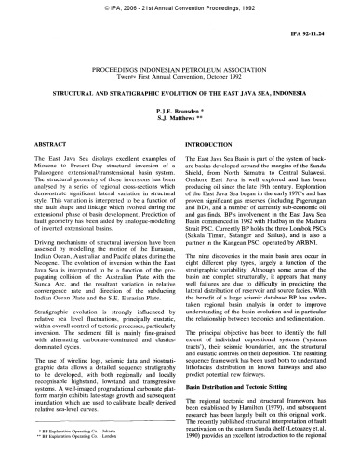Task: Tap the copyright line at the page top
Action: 180,7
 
